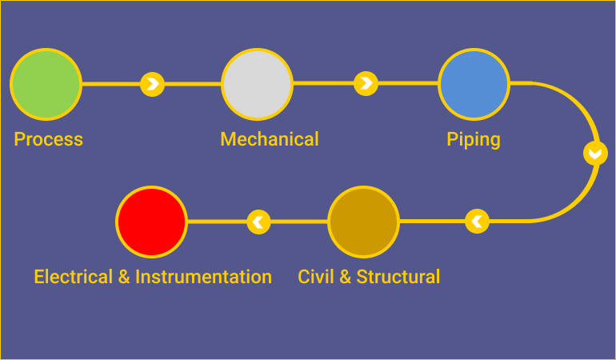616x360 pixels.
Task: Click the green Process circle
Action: click(46, 84)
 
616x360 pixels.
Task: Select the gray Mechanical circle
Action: click(257, 84)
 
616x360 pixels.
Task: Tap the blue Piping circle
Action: click(474, 84)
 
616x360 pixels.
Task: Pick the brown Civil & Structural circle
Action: click(363, 222)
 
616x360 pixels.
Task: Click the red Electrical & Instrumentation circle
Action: click(151, 222)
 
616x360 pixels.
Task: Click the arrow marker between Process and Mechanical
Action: click(153, 83)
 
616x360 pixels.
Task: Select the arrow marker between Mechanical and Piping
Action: click(366, 83)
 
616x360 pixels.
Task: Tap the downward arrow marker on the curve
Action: click(595, 153)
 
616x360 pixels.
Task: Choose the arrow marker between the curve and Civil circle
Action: click(477, 221)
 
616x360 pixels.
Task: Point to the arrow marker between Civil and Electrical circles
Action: click(258, 221)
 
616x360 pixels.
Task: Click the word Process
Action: click(48, 139)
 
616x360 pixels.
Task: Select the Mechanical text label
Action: click(270, 139)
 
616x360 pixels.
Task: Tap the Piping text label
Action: click(474, 140)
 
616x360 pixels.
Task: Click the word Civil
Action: click(314, 277)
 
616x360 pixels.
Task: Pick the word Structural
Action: click(398, 277)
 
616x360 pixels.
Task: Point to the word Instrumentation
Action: click(203, 277)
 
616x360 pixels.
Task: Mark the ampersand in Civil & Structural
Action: click(344, 277)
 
